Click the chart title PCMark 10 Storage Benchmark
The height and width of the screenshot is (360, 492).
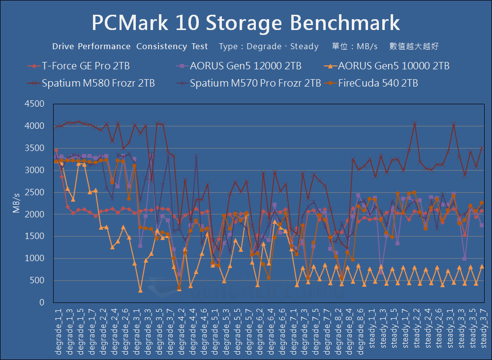click(246, 23)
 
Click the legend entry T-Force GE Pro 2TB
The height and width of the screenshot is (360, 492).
click(86, 65)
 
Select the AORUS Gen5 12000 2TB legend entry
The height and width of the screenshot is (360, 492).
click(246, 65)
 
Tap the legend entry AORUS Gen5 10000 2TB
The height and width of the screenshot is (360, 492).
click(393, 65)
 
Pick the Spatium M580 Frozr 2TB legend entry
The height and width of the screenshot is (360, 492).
click(98, 83)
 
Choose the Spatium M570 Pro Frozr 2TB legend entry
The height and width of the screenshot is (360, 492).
click(255, 83)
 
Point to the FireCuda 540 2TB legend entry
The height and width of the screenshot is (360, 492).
click(378, 83)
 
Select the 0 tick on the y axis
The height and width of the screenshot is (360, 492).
click(42, 303)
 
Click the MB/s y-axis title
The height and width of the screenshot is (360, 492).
click(17, 203)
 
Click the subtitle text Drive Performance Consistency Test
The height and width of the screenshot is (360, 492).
click(130, 47)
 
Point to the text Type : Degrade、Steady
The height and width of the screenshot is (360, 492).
click(269, 47)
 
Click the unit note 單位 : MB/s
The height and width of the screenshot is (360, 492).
click(355, 47)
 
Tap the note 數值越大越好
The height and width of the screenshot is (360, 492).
click(414, 47)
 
